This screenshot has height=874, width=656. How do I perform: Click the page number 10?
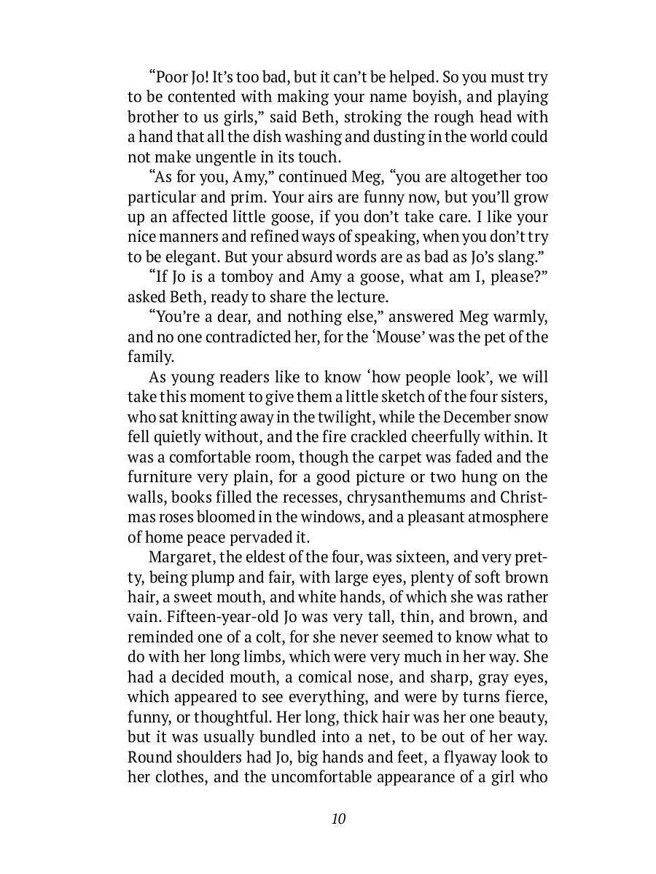338,819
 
